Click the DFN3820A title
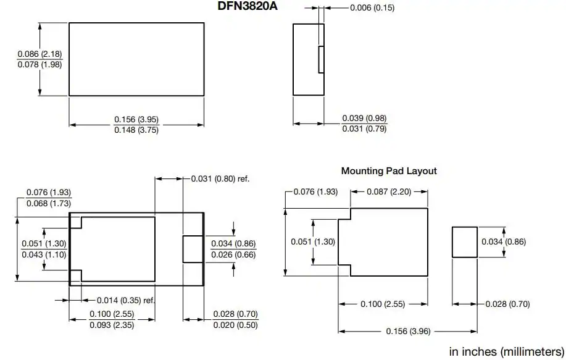pyautogui.click(x=248, y=6)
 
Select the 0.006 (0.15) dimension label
pyautogui.click(x=372, y=7)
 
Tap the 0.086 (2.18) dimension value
pyautogui.click(x=40, y=54)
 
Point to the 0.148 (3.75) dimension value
pyautogui.click(x=136, y=130)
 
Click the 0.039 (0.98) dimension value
pyautogui.click(x=364, y=118)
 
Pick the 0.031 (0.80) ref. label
pyautogui.click(x=220, y=178)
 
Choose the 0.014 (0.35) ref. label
pyautogui.click(x=126, y=300)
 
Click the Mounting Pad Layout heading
pyautogui.click(x=389, y=171)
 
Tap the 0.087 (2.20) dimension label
pyautogui.click(x=389, y=191)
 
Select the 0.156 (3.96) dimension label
pyautogui.click(x=408, y=331)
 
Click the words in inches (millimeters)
pyautogui.click(x=507, y=351)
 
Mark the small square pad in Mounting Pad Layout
pyautogui.click(x=465, y=242)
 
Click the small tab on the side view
pyautogui.click(x=321, y=59)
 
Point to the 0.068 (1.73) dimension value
pyautogui.click(x=49, y=203)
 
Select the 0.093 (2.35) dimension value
pyautogui.click(x=112, y=325)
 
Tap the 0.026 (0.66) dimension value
pyautogui.click(x=233, y=254)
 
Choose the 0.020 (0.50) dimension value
pyautogui.click(x=235, y=325)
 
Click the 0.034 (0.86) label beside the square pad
pyautogui.click(x=504, y=241)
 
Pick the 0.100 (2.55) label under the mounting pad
pyautogui.click(x=383, y=304)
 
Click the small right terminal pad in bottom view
pyautogui.click(x=193, y=249)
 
